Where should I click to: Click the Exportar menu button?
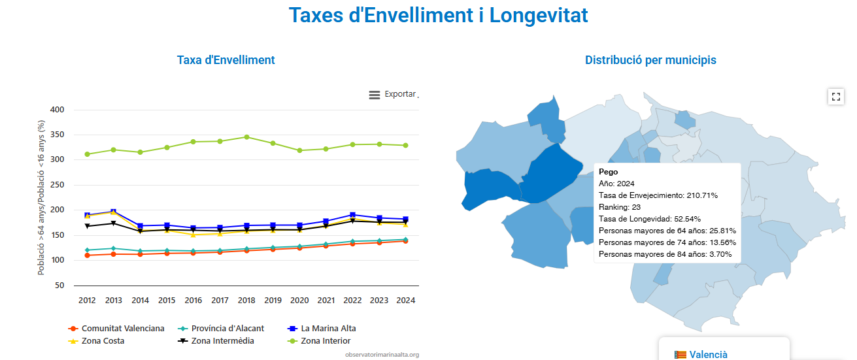tap(393, 94)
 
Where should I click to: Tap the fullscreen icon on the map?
tap(835, 97)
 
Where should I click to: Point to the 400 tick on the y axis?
tap(57, 110)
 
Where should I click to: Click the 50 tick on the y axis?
tap(59, 286)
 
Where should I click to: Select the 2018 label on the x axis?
tap(246, 301)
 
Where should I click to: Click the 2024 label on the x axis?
tap(406, 301)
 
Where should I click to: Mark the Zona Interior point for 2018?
tap(246, 137)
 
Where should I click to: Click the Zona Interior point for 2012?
tap(87, 154)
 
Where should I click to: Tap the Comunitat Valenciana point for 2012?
tap(87, 255)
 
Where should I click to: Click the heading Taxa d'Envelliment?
tap(226, 60)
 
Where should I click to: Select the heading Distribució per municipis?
tap(650, 60)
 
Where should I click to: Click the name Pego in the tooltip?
tap(608, 172)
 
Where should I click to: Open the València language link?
tap(708, 354)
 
